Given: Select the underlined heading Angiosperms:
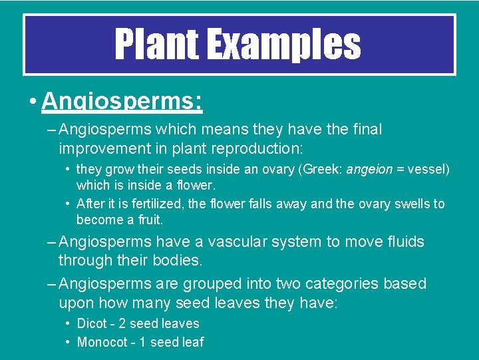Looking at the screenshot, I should click(x=122, y=102).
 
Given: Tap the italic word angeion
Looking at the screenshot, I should click(x=369, y=170).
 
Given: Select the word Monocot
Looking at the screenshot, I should click(x=102, y=343).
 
